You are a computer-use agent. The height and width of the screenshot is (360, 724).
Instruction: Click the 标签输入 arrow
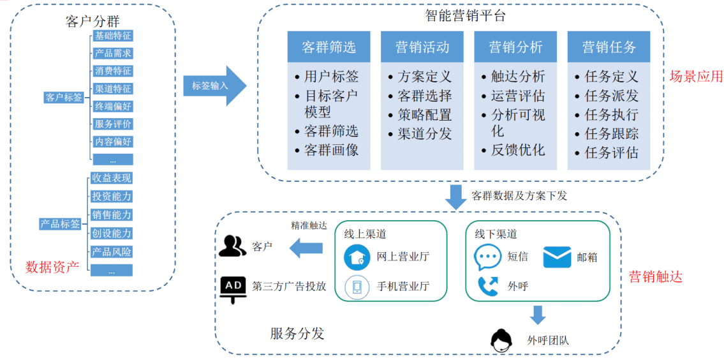[214, 85]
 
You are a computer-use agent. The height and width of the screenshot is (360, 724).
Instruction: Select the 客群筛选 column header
[329, 47]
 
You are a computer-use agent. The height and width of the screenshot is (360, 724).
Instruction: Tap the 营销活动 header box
[422, 47]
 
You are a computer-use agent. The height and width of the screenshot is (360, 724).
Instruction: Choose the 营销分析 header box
[515, 47]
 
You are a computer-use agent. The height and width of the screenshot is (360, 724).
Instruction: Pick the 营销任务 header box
[609, 47]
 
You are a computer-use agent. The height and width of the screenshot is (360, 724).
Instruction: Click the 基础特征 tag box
[112, 36]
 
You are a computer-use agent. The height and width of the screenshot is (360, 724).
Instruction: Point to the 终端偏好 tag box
[112, 107]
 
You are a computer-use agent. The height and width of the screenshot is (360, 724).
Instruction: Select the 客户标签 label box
[64, 98]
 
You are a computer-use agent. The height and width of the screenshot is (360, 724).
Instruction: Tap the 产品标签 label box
[61, 224]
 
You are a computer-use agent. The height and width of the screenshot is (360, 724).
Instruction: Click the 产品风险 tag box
[112, 251]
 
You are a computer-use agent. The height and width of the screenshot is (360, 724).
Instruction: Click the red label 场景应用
[696, 77]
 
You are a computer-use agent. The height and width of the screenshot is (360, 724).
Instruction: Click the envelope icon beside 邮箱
[557, 257]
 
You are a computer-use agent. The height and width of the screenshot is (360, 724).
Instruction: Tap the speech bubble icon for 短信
[487, 257]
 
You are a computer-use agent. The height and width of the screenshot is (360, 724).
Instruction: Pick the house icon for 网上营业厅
[357, 257]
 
